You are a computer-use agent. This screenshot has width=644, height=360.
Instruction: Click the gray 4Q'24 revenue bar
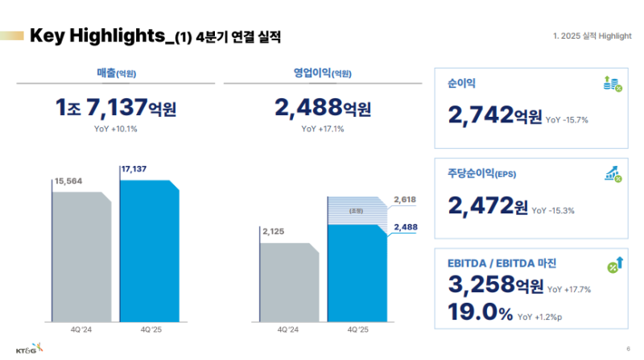tap(81, 256)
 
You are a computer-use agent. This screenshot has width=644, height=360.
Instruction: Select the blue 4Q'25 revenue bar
tap(149, 250)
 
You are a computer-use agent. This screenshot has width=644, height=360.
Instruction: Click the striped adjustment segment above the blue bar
tap(357, 210)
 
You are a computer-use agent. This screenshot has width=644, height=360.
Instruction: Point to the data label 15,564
tap(69, 181)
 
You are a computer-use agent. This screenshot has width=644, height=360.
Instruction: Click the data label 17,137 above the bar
tap(135, 169)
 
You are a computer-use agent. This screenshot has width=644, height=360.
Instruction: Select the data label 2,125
tap(275, 230)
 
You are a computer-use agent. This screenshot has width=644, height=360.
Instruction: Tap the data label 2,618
tap(405, 198)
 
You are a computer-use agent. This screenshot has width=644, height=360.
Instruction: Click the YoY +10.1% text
tap(116, 128)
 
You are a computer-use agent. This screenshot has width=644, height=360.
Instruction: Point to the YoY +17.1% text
tap(323, 128)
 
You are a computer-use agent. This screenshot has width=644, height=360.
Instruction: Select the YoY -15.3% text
tap(553, 210)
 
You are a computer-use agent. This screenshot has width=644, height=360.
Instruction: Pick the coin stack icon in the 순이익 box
tap(612, 83)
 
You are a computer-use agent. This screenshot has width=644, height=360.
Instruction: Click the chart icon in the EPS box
tap(612, 174)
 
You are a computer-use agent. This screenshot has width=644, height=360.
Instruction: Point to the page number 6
tap(627, 348)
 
